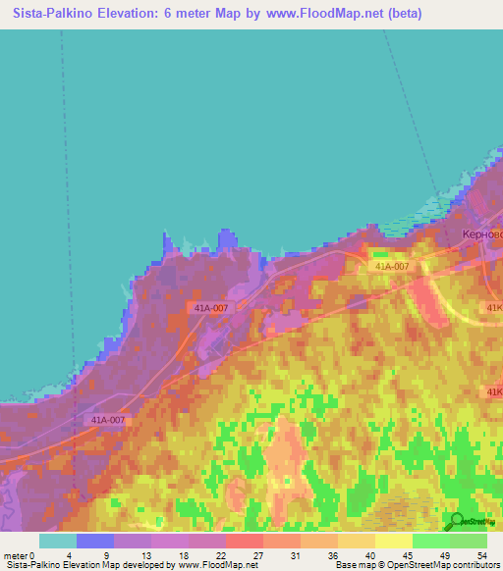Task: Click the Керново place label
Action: coord(482,235)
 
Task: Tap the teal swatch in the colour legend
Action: coord(57,541)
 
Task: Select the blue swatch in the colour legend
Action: coord(94,541)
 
